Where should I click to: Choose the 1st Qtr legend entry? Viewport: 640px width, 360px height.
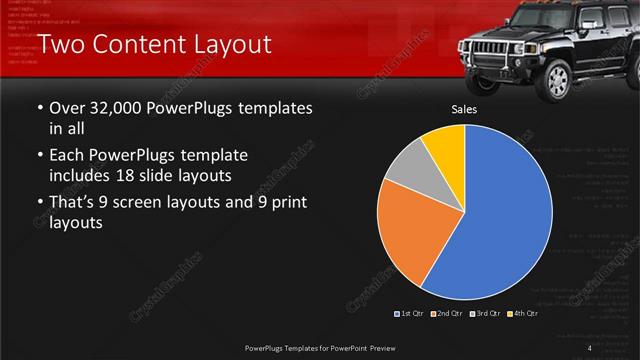(410, 314)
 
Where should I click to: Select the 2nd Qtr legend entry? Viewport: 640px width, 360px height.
(446, 314)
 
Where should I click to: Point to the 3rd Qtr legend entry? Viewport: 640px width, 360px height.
(484, 314)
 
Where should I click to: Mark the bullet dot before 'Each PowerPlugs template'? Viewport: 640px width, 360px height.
(39, 157)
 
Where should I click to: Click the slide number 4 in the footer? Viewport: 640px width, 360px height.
(591, 347)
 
